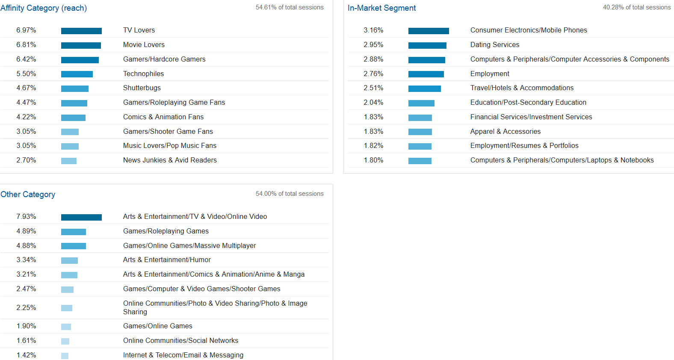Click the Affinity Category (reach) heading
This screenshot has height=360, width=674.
coord(44,8)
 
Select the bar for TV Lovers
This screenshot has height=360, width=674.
coord(81,31)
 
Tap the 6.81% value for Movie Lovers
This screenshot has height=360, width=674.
coord(26,45)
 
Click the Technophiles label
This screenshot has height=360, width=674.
coord(143,74)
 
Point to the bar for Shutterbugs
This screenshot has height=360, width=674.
coord(75,89)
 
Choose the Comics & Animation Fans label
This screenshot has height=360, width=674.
coord(163,117)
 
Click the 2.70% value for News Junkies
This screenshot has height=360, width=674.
coord(26,160)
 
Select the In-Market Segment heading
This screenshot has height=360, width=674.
coord(381,8)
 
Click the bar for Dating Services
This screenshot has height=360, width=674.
coord(427,45)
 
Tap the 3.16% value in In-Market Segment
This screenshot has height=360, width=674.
coord(373,30)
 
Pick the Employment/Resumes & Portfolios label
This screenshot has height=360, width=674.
coord(524,146)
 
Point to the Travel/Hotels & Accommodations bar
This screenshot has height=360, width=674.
coord(424,89)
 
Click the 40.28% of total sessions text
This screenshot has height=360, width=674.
coord(637,7)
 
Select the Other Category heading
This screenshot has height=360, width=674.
coord(28,195)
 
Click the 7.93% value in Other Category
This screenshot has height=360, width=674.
coord(26,217)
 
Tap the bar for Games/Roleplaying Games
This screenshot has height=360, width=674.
coord(74,232)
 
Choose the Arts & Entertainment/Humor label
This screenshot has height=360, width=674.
coord(167,260)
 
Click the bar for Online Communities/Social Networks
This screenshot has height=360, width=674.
coord(65,341)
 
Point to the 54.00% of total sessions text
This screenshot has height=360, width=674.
coord(290,194)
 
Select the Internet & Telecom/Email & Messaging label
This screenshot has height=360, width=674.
coord(183,355)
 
